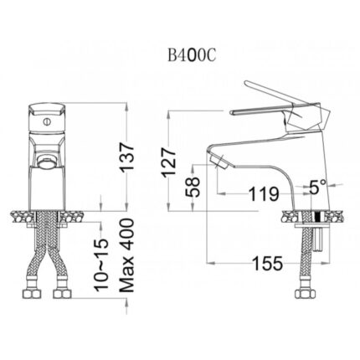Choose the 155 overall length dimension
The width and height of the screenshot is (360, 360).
pyautogui.click(x=266, y=264)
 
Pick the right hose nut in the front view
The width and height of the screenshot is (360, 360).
pyautogui.click(x=63, y=295)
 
